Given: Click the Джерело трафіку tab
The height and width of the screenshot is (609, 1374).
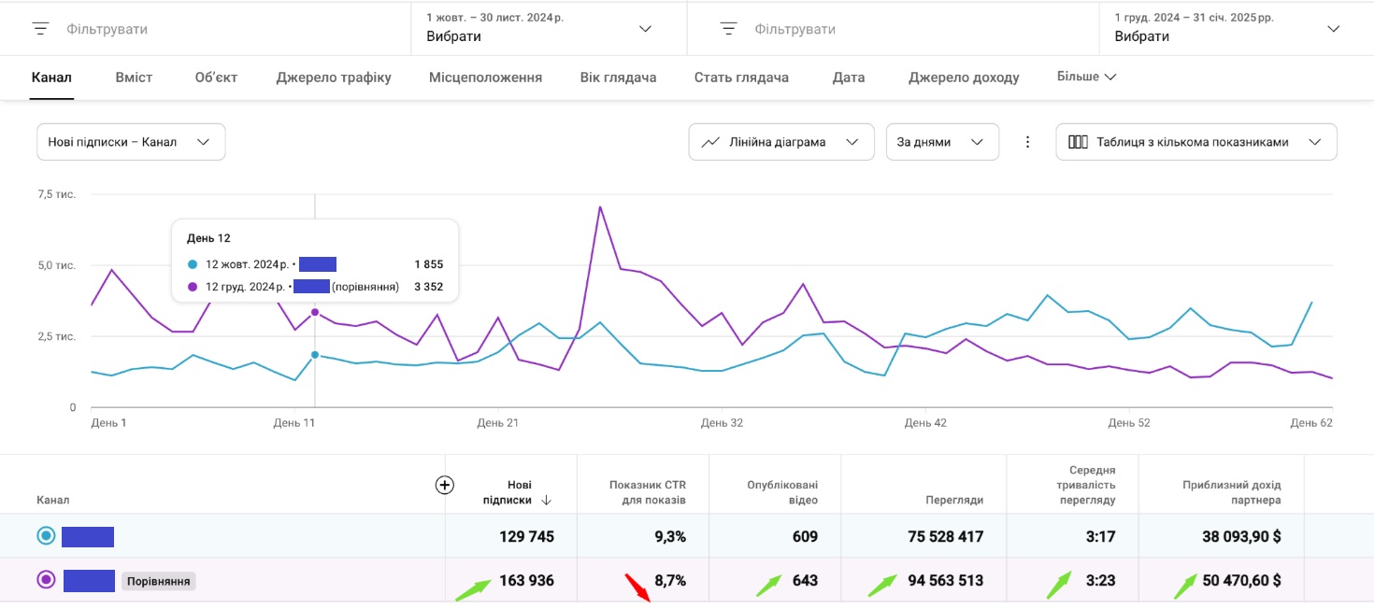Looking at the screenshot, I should pyautogui.click(x=334, y=78).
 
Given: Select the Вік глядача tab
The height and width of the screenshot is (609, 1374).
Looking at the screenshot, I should pyautogui.click(x=618, y=78).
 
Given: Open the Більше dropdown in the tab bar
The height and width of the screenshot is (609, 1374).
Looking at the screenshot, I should pyautogui.click(x=1086, y=77).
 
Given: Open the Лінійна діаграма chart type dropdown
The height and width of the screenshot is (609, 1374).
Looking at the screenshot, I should pyautogui.click(x=780, y=142).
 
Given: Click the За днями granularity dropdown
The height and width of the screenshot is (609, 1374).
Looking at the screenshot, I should pyautogui.click(x=941, y=142).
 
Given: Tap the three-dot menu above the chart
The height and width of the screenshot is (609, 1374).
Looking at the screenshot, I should pyautogui.click(x=1027, y=142).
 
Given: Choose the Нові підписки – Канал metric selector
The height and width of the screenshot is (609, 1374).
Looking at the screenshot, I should pyautogui.click(x=131, y=142).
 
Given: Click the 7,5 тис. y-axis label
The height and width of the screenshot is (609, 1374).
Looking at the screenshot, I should pyautogui.click(x=56, y=194).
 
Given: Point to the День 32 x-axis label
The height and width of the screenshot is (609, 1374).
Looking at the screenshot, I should pyautogui.click(x=722, y=423).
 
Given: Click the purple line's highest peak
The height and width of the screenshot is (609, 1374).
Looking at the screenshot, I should pyautogui.click(x=600, y=206).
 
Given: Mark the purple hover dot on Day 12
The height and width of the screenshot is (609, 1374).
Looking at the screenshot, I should pyautogui.click(x=315, y=312).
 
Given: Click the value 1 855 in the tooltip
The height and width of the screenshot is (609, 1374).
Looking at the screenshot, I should pyautogui.click(x=428, y=264).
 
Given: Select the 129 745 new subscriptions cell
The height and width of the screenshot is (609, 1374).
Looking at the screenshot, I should pyautogui.click(x=527, y=536).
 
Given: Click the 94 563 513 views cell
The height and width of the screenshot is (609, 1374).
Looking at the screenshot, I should pyautogui.click(x=945, y=580).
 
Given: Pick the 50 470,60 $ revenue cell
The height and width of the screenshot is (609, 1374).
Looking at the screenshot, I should pyautogui.click(x=1241, y=580).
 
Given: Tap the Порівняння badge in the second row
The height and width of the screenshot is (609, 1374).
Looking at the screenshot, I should pyautogui.click(x=158, y=581).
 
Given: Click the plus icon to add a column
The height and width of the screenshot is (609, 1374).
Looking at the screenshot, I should pyautogui.click(x=445, y=485).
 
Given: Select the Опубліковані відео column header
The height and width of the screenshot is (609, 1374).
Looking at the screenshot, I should pyautogui.click(x=782, y=492).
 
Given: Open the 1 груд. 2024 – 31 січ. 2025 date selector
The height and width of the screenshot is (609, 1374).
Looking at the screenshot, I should pyautogui.click(x=1227, y=28).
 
